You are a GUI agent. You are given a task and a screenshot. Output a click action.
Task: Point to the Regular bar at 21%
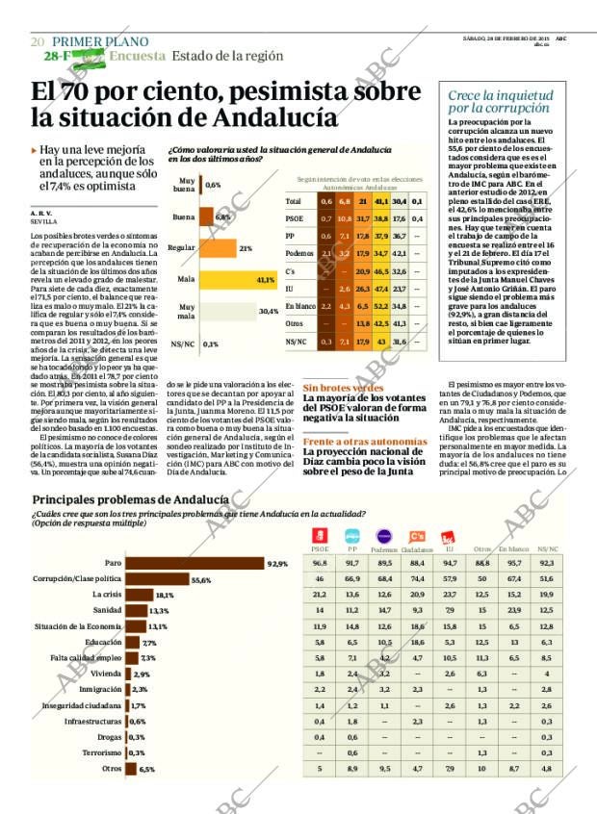217,248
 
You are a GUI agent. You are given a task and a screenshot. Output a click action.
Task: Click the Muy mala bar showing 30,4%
227,311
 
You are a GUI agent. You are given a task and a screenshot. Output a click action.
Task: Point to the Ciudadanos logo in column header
417,537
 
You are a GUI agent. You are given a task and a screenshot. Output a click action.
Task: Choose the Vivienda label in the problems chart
107,674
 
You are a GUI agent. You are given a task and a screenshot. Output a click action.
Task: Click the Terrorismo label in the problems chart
100,752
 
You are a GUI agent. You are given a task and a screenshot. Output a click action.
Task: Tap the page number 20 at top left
38,41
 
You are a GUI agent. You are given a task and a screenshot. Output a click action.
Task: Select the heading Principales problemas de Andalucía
130,499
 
